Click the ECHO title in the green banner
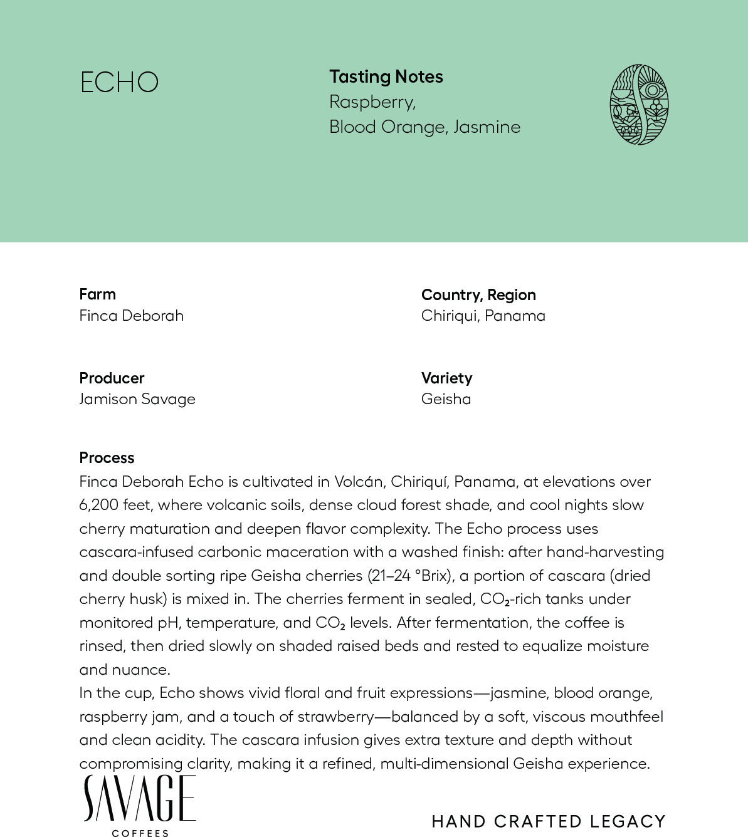(119, 83)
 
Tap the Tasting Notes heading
(386, 77)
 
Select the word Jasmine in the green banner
(487, 127)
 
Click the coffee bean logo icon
(639, 105)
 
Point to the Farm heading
(97, 294)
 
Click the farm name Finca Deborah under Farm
(132, 316)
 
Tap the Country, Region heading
(478, 295)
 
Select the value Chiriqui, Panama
(483, 316)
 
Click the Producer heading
(112, 378)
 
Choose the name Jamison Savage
(137, 399)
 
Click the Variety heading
(446, 378)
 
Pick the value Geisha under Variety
(446, 399)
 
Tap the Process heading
(107, 458)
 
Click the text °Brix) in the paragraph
(434, 576)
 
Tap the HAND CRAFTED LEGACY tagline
(548, 821)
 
